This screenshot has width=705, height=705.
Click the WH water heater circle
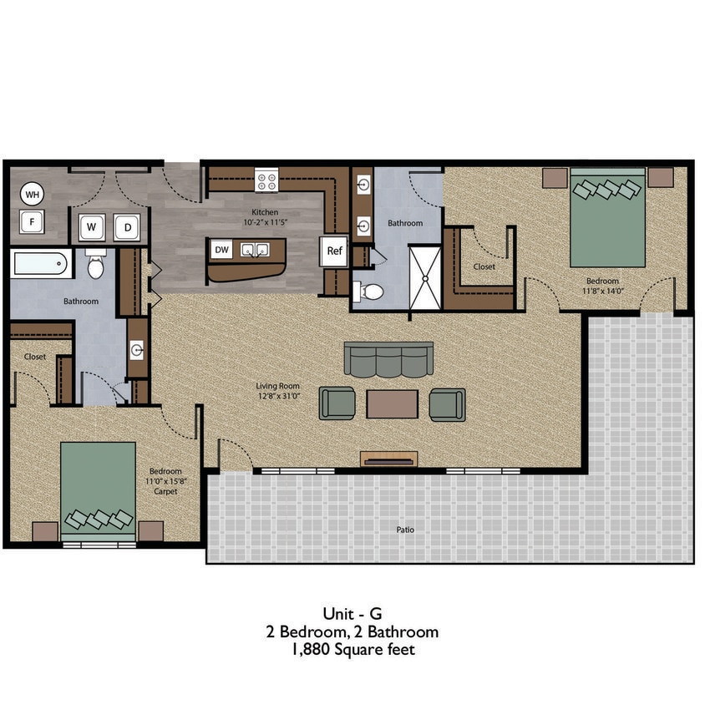point(32,195)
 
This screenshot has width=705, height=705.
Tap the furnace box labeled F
point(32,222)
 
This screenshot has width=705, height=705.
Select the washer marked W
point(92,227)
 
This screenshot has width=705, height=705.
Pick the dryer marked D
point(127,227)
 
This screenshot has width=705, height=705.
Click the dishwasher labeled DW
point(221,249)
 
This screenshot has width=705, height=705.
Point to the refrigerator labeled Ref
point(334,251)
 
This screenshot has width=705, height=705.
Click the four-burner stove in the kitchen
point(266,179)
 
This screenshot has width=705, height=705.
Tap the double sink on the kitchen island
point(253,249)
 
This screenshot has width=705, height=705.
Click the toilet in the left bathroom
point(95,266)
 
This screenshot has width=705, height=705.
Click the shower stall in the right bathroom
point(424,276)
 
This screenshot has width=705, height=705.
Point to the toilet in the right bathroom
point(369,292)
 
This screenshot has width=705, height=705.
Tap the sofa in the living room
point(388,359)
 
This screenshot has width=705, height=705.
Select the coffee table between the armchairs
point(392,404)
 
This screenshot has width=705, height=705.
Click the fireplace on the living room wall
point(388,459)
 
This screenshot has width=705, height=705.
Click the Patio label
point(406,530)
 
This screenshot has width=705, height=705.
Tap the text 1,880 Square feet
point(352,649)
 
